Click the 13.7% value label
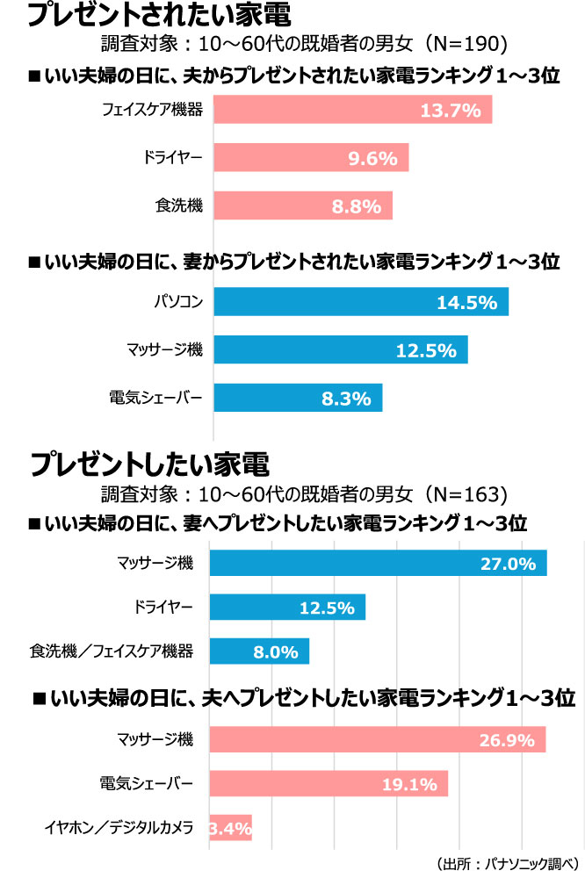tap(450, 110)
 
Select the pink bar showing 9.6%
tap(311, 158)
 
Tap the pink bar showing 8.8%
tap(303, 206)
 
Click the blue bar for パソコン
tap(360, 302)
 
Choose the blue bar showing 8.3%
tap(298, 398)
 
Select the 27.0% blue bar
tap(378, 563)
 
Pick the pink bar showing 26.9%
tap(377, 739)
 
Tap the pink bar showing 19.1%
tap(329, 783)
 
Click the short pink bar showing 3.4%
tap(230, 827)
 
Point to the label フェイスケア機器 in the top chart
tap(152, 110)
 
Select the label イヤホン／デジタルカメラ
tap(119, 827)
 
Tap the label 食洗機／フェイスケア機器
tap(112, 651)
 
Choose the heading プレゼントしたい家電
tap(149, 461)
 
